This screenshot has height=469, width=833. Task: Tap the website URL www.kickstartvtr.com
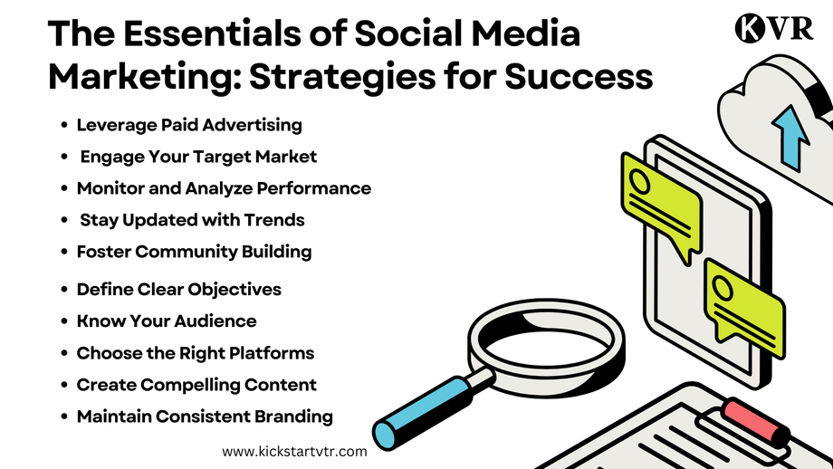[x=294, y=450]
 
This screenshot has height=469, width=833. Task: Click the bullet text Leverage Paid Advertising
[x=189, y=125]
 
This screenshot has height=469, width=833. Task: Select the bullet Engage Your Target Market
[x=198, y=157]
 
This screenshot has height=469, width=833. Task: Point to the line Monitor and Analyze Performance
[x=224, y=188]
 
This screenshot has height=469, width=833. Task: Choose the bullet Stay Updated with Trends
[x=192, y=220]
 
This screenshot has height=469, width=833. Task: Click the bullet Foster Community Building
[x=194, y=252]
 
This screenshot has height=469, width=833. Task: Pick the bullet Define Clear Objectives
[x=178, y=290]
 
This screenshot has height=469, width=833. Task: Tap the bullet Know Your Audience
[x=167, y=321]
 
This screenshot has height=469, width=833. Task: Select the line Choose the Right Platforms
[x=195, y=353]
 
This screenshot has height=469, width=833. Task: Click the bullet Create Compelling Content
[x=196, y=385]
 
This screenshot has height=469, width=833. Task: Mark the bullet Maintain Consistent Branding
[x=205, y=416]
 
